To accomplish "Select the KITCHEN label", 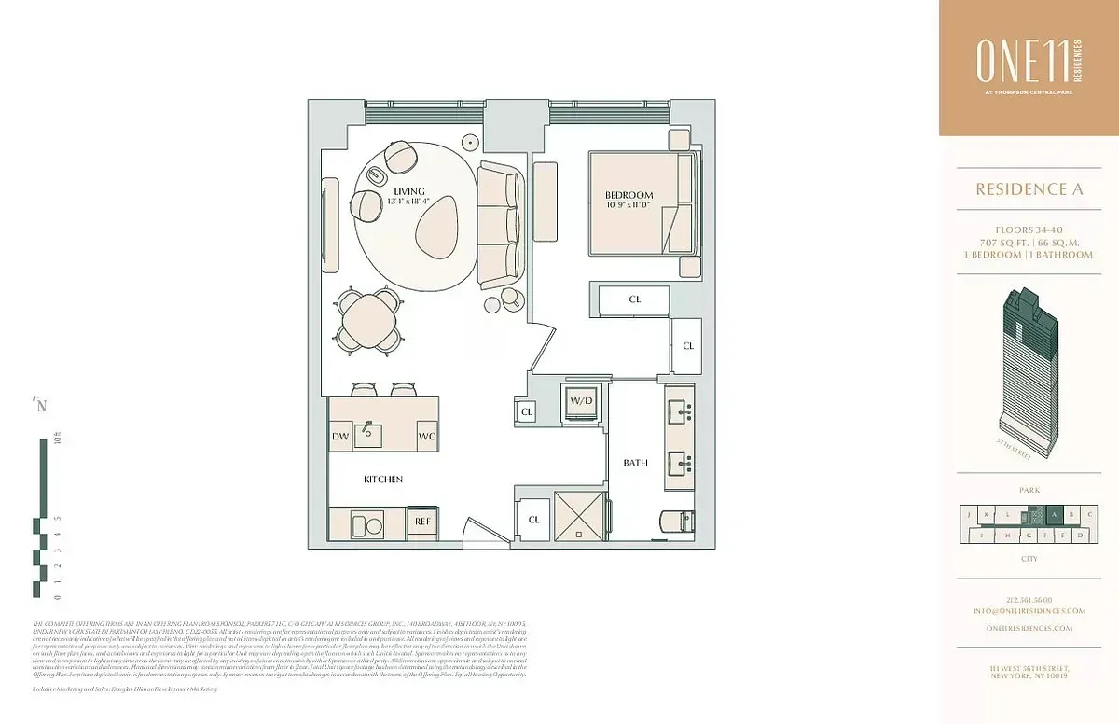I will pyautogui.click(x=383, y=479).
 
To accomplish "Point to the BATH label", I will pyautogui.click(x=635, y=463).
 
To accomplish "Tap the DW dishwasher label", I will pyautogui.click(x=339, y=436).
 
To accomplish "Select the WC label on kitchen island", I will pyautogui.click(x=427, y=436).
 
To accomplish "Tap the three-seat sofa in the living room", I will pyautogui.click(x=500, y=224).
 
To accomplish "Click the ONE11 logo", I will pyautogui.click(x=1028, y=63).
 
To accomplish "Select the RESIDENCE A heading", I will pyautogui.click(x=1029, y=189).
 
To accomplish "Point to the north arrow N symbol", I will pyautogui.click(x=40, y=405).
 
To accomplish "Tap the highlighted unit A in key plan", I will pyautogui.click(x=1054, y=514).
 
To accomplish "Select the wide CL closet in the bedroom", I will pyautogui.click(x=634, y=299).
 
